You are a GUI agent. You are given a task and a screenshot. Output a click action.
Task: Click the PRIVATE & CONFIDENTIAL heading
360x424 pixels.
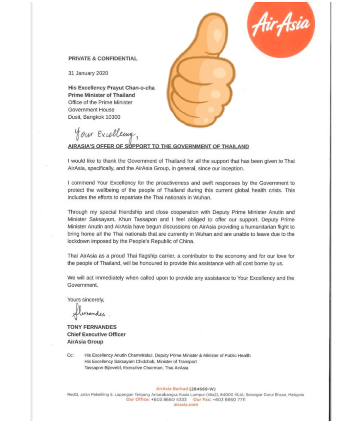(x=102, y=59)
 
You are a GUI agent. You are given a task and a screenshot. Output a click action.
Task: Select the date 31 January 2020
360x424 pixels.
(x=88, y=73)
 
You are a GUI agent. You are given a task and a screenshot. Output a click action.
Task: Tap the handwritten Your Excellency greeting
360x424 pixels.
(x=105, y=134)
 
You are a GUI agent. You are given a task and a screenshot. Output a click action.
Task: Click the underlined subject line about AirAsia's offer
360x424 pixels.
(x=158, y=146)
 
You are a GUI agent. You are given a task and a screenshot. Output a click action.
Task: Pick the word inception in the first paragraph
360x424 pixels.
(x=231, y=169)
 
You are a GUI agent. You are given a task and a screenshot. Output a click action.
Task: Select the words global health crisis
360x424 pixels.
(x=254, y=190)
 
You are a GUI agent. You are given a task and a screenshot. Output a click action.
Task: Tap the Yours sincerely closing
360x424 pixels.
(x=86, y=300)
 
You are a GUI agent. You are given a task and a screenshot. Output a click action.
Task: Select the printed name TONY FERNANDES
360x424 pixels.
(x=92, y=327)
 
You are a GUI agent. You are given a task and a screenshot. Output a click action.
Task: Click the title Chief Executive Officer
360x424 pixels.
(x=96, y=334)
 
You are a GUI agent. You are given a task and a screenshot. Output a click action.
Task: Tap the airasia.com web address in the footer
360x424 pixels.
(x=186, y=405)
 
